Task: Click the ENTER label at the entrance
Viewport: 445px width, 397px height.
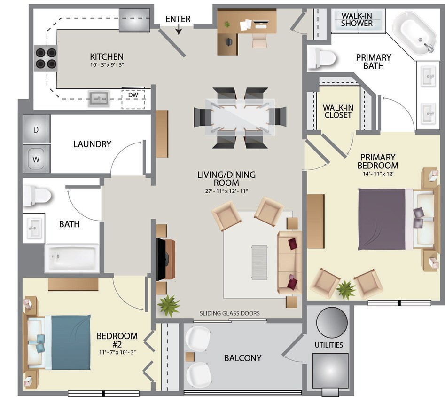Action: click(178, 19)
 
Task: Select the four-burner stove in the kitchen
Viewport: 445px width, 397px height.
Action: click(45, 57)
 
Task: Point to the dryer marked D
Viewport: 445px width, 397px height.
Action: click(36, 130)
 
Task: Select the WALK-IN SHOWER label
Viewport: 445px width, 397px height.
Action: click(357, 19)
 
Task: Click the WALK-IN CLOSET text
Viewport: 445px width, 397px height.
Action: click(337, 111)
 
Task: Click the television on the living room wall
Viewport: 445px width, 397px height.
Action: click(161, 259)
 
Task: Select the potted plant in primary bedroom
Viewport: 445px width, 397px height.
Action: click(347, 289)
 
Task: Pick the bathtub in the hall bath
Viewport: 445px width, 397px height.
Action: click(72, 258)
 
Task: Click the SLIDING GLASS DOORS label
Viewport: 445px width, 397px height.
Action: click(229, 313)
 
